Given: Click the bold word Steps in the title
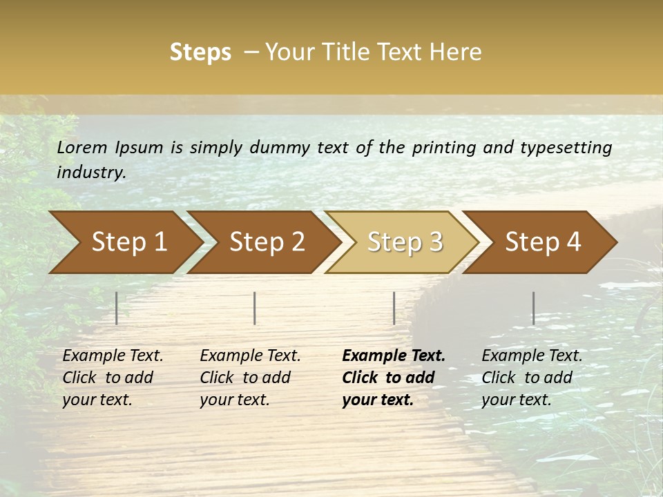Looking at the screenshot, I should coord(200,52).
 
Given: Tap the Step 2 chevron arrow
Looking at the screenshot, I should coord(266,242).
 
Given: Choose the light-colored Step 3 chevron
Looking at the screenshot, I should coord(404,242).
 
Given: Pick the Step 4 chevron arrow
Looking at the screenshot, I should coord(542,242).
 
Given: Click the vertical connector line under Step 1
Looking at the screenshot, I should coord(117,308).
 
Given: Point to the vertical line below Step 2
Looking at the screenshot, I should coord(255,308).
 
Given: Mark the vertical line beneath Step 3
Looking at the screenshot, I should coord(394,308).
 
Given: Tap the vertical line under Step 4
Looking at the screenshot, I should coord(533,308).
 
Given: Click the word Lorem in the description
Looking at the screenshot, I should coord(82,148).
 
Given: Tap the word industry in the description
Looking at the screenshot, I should coord(91,173).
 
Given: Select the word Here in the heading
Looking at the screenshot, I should coord(457,52).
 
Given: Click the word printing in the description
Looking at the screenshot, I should coord(442,148).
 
